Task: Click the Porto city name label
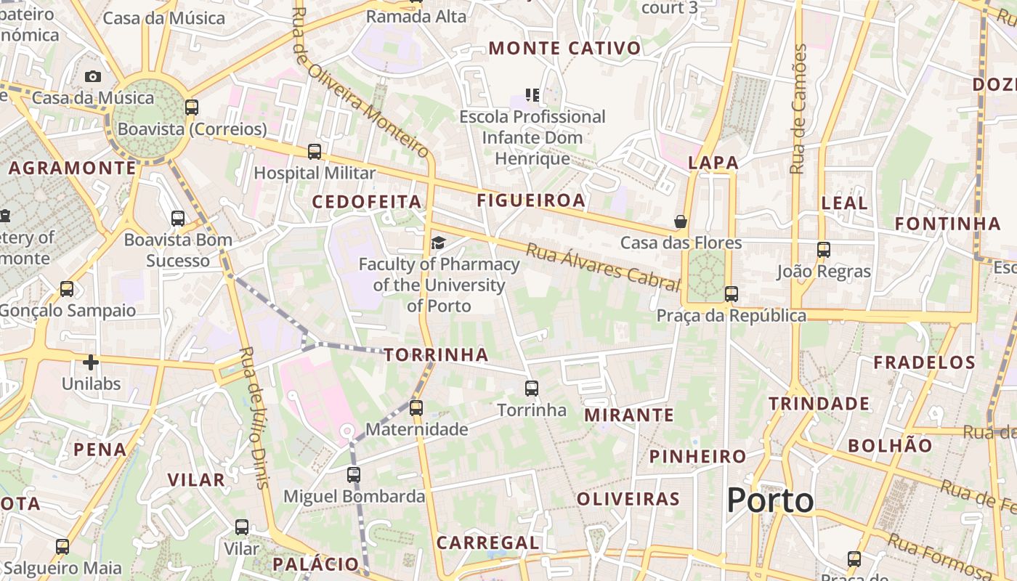(770, 500)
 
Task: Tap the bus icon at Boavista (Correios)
(192, 107)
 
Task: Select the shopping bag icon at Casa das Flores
(681, 222)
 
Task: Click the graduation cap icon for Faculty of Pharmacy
(439, 243)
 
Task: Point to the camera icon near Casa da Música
(93, 76)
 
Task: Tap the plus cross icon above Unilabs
(91, 362)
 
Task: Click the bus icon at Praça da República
(732, 294)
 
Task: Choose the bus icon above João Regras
(823, 250)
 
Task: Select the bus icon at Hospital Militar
(315, 152)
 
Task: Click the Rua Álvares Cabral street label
(602, 267)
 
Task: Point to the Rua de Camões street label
(798, 109)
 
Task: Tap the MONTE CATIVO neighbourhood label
(564, 49)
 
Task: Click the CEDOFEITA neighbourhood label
(367, 202)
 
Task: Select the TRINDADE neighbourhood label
(819, 404)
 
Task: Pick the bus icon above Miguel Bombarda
(354, 475)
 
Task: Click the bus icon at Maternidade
(416, 408)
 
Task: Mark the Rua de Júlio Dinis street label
(254, 418)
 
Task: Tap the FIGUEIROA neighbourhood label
(530, 201)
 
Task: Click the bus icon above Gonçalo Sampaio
(67, 289)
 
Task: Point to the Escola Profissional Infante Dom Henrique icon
(532, 95)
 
